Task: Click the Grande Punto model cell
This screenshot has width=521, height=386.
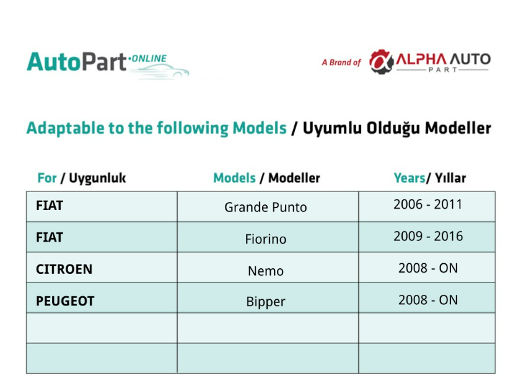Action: (x=268, y=206)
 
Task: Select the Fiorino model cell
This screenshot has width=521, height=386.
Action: (x=268, y=237)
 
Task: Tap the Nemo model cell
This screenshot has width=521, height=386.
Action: (x=268, y=268)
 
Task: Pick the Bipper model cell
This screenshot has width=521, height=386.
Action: (x=268, y=298)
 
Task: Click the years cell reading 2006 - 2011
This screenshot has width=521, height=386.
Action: (x=427, y=206)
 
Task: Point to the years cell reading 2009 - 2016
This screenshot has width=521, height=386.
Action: (x=427, y=237)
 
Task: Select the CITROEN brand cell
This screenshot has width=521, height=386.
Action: (x=102, y=268)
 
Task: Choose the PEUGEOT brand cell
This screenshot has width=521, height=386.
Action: (x=102, y=298)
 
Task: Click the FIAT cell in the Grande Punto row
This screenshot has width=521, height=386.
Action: (x=102, y=206)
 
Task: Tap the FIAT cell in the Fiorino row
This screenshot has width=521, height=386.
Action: (x=102, y=237)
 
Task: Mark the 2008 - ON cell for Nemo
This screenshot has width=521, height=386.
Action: (x=427, y=268)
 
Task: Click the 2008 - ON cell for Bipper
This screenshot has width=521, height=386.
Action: (x=427, y=298)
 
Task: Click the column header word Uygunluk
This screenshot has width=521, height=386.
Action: (x=97, y=178)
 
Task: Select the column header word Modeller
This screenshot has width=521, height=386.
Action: (x=294, y=178)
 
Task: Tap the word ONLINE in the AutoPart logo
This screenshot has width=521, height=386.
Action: (x=149, y=58)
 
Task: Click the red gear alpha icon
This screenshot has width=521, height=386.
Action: (x=382, y=61)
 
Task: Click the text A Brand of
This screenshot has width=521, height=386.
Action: (x=341, y=63)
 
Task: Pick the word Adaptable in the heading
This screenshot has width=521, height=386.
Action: (x=66, y=128)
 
